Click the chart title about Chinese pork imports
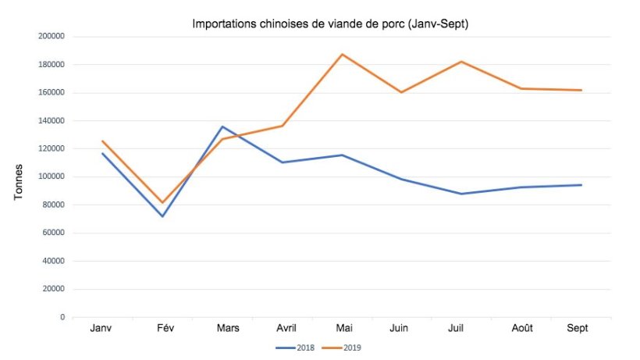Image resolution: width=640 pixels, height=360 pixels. tap(330, 23)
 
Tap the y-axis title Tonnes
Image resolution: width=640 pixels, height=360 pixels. tap(18, 182)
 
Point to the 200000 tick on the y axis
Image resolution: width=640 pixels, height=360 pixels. tap(51, 36)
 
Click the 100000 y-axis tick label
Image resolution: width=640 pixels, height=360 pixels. tap(51, 176)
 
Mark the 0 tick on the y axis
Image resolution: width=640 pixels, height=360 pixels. tap(62, 317)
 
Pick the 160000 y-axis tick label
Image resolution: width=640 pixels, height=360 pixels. tap(51, 92)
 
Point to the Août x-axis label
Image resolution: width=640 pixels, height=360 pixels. tap(521, 329)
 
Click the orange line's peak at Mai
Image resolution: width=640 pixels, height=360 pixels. tap(342, 55)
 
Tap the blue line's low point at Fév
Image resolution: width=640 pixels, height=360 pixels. tap(162, 216)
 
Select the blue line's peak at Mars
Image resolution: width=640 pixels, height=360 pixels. tap(222, 127)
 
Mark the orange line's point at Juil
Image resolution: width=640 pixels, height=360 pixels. tap(461, 62)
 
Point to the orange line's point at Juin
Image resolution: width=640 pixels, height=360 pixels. tap(402, 92)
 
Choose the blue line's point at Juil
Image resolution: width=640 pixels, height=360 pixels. tap(461, 194)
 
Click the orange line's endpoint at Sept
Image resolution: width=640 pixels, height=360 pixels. tap(581, 90)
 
